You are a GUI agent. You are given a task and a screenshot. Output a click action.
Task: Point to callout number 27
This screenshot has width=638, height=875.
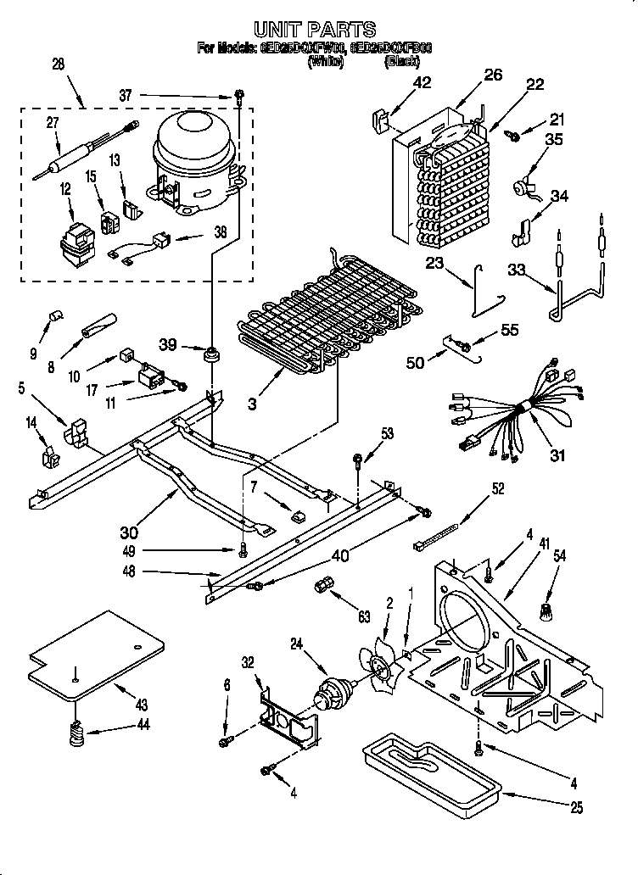point(53,123)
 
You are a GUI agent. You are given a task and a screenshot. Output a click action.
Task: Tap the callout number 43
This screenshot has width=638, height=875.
point(142,705)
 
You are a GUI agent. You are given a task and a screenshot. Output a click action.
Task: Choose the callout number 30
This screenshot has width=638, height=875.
point(129,532)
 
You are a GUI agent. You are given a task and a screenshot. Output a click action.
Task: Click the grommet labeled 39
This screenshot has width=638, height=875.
point(210,352)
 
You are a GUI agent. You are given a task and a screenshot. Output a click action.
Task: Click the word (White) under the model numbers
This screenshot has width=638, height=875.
point(326,61)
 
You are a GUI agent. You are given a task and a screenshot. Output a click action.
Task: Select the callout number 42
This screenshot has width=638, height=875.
point(422,82)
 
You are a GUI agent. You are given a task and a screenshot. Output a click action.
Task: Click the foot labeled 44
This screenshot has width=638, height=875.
point(77,731)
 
